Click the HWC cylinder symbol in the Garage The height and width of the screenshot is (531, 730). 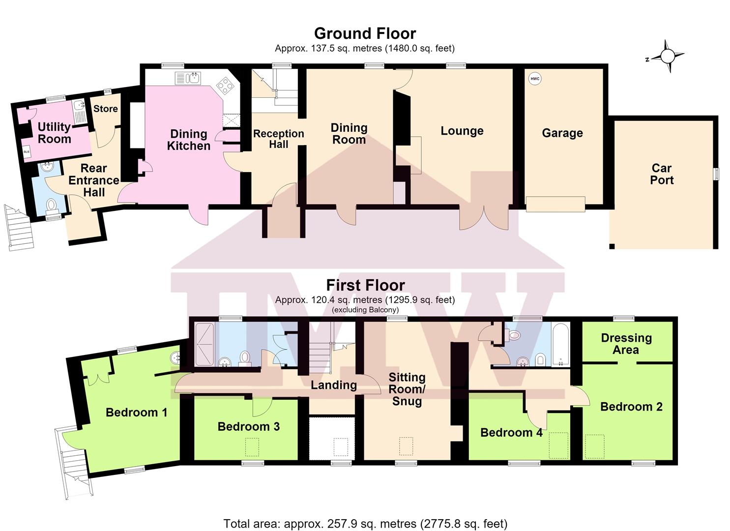click(x=535, y=79)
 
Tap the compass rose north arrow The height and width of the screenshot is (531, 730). click(x=667, y=57)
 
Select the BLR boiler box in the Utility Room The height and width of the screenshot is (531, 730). click(x=27, y=151)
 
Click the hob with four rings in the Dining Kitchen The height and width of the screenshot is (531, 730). click(x=226, y=86)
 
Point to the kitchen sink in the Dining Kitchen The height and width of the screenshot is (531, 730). click(x=188, y=78)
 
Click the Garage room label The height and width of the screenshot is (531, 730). click(x=562, y=133)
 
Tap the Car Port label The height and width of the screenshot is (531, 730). click(x=662, y=174)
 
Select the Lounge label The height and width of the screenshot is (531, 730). click(x=462, y=131)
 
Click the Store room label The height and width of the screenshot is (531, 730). click(x=106, y=109)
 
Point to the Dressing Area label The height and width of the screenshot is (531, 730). click(x=626, y=344)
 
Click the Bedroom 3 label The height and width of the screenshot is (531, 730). click(x=249, y=426)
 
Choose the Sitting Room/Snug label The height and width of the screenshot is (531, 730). click(x=407, y=389)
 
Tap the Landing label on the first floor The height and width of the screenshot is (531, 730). click(x=334, y=385)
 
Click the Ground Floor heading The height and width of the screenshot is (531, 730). click(x=365, y=33)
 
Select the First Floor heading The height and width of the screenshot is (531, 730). click(x=365, y=285)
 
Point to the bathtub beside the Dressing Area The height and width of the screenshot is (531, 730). click(x=560, y=345)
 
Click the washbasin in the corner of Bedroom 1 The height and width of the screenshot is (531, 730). click(x=175, y=358)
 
